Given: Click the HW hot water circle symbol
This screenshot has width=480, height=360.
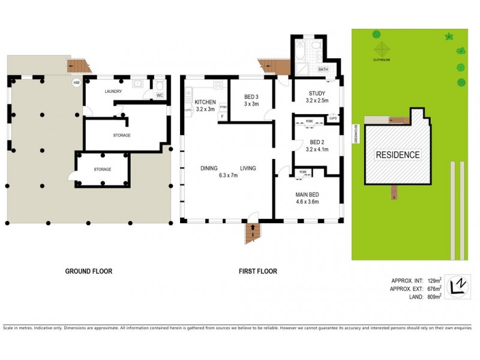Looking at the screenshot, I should click(x=76, y=83).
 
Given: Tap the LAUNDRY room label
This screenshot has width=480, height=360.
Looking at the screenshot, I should click(x=113, y=91).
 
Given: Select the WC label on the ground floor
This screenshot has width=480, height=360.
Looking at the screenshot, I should click(x=160, y=95).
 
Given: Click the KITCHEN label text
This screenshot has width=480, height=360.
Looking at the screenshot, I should click(x=205, y=102).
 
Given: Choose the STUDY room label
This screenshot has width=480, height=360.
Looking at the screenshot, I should click(x=317, y=93).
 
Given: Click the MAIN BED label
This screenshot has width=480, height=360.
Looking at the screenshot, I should click(x=307, y=194).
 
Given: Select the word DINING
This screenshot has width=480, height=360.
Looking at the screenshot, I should click(x=209, y=169).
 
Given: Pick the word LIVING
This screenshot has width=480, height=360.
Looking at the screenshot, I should click(x=248, y=169).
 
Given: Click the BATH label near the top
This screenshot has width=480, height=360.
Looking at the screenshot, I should click(x=323, y=70).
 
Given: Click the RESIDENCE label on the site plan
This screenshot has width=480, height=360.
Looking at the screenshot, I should click(x=398, y=155).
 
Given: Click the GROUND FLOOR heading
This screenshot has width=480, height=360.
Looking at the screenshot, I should click(x=88, y=271).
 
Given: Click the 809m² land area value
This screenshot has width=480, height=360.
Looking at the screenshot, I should click(x=433, y=295).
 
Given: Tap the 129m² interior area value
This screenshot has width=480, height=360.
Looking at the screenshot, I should click(x=433, y=280).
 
